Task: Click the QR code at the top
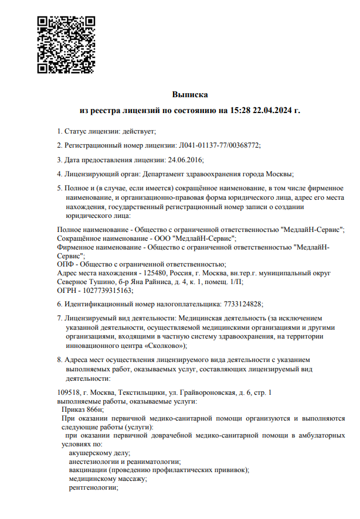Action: (66, 45)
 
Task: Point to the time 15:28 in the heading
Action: (240, 110)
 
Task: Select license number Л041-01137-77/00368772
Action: (218, 145)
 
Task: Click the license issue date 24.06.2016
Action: (185, 159)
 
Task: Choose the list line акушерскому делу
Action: (99, 453)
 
